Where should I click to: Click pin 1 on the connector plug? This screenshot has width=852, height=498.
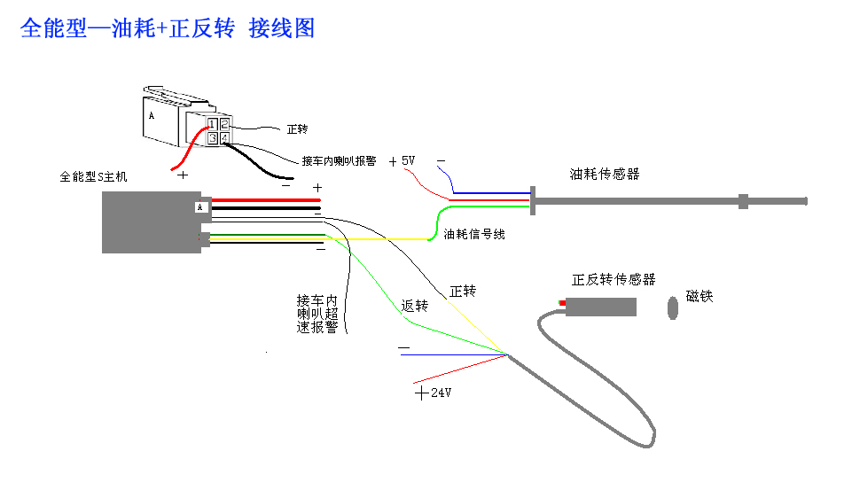coord(214,124)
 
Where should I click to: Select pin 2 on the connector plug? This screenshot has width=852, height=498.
coord(225,124)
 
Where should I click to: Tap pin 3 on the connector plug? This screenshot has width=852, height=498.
coord(214,138)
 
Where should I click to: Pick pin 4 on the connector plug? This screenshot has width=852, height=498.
coord(225,138)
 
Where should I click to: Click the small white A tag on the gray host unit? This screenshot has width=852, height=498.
coord(200,207)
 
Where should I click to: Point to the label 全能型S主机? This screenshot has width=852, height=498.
coord(93,176)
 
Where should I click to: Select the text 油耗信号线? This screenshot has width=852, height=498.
coord(473,235)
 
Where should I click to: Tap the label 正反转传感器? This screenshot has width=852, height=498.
coord(614,280)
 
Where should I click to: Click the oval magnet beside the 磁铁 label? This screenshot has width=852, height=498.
coord(673,307)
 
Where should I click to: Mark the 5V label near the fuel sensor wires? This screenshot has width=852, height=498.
coord(408,161)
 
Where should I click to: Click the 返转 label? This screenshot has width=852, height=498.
coord(414,306)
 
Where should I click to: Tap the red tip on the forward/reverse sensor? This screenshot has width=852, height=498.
coord(562,304)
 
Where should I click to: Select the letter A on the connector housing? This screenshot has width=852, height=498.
coord(152,116)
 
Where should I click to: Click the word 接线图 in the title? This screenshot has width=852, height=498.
coord(282,28)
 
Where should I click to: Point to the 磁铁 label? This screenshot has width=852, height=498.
coord(700,296)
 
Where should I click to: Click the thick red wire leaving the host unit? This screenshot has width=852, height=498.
coord(266,200)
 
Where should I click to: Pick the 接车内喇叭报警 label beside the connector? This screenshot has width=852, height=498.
coord(339,161)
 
